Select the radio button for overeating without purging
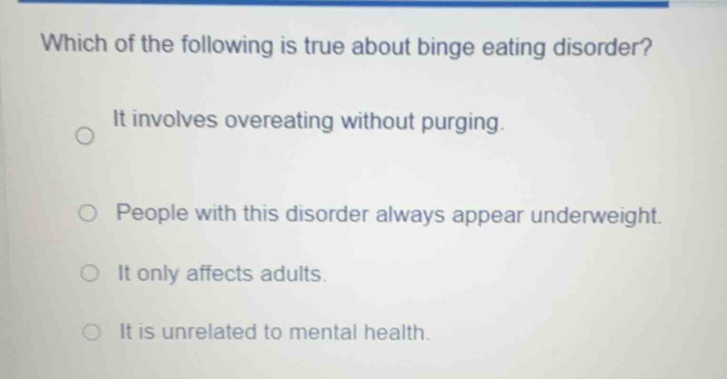(x=84, y=138)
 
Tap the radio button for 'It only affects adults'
(x=89, y=274)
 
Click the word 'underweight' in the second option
(x=596, y=215)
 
